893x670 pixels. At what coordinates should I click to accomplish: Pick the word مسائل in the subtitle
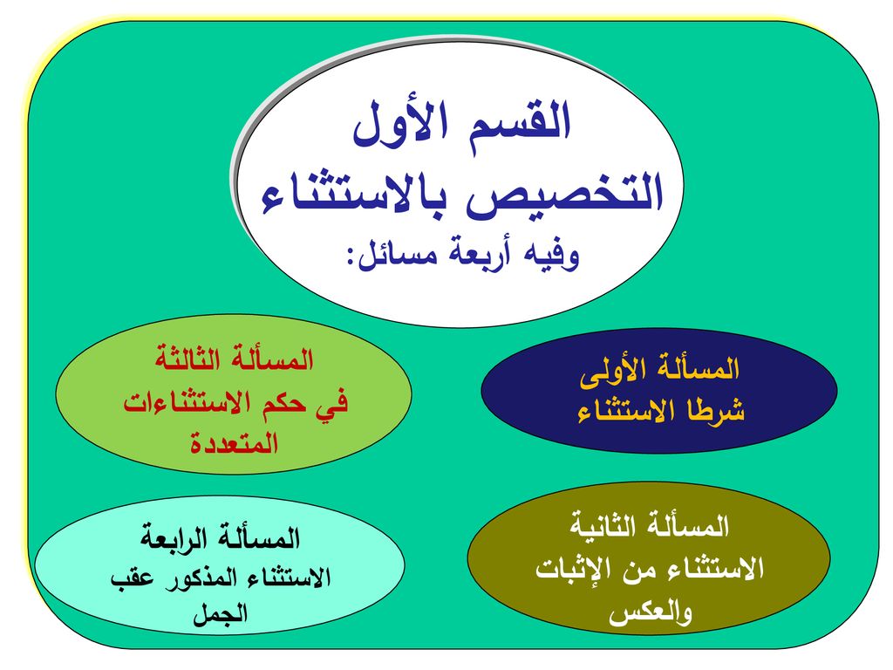(x=399, y=255)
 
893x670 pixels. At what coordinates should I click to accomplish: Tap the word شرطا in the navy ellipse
(x=715, y=410)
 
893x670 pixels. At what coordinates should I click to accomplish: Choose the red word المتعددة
(x=234, y=442)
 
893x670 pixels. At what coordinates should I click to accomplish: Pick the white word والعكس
(x=650, y=613)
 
